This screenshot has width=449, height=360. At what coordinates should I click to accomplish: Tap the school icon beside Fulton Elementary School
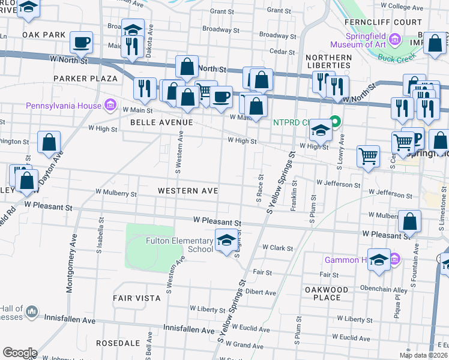coord(225,240)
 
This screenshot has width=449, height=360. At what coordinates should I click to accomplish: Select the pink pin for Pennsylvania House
coord(110,106)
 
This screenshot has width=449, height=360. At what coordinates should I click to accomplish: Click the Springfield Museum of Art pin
coord(394,40)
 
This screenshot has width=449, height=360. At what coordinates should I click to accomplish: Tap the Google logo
coord(20,352)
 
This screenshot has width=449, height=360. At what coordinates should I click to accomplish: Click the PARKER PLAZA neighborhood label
coord(85,79)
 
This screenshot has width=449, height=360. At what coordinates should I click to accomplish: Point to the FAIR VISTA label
coord(136,298)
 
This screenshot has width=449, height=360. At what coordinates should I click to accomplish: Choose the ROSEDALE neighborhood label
coord(118,344)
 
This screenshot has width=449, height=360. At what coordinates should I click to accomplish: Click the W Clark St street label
coord(277,248)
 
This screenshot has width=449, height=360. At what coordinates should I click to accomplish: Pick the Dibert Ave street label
coord(261,293)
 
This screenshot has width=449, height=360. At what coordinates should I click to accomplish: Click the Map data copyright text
coord(424,355)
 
